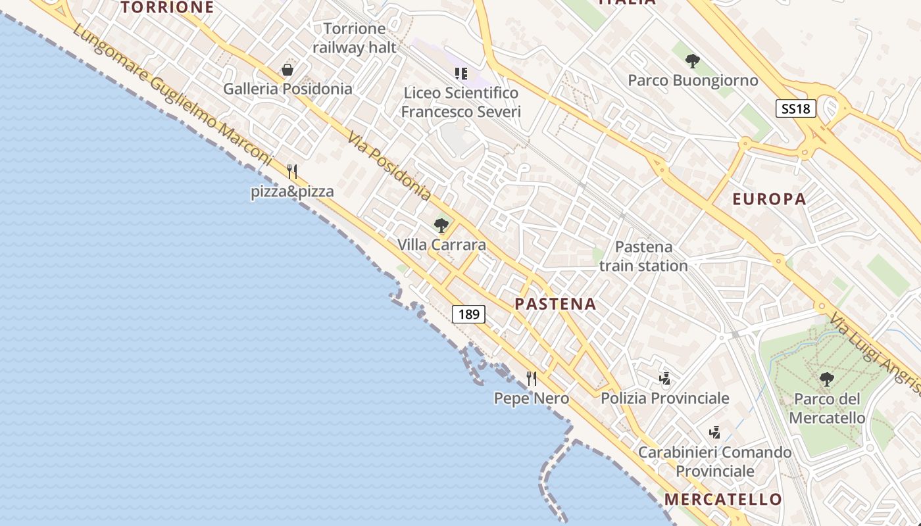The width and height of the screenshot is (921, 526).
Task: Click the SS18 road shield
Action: pos(796,108)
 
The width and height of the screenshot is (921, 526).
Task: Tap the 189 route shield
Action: pos(468,314)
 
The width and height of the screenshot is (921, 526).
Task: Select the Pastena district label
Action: pos(555,304)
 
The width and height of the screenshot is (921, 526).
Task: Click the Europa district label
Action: pos(769,199)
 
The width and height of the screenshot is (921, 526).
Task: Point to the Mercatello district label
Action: pos(723,499)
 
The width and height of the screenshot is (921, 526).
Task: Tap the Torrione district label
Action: pos(167,7)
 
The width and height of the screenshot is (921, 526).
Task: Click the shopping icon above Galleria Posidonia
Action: pos(287,70)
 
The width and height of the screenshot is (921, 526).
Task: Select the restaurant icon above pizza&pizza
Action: pos(292,172)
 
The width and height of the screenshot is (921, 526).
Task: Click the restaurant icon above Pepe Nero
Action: pos(532,378)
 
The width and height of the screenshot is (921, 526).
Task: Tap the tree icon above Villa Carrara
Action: pos(441,226)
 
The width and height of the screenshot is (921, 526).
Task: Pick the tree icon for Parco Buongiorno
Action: pos(692,61)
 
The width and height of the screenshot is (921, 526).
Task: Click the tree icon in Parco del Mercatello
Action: pos(826,379)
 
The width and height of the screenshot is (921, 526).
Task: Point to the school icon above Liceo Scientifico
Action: pos(460,73)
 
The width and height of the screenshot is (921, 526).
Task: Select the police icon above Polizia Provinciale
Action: pos(665,378)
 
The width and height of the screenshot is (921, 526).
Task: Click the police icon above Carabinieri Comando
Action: pos(715,432)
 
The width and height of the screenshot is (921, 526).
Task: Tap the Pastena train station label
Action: pos(643,256)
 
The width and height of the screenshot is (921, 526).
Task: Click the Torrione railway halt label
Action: pos(355,38)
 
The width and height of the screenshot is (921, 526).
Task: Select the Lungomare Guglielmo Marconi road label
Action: pos(172,95)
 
